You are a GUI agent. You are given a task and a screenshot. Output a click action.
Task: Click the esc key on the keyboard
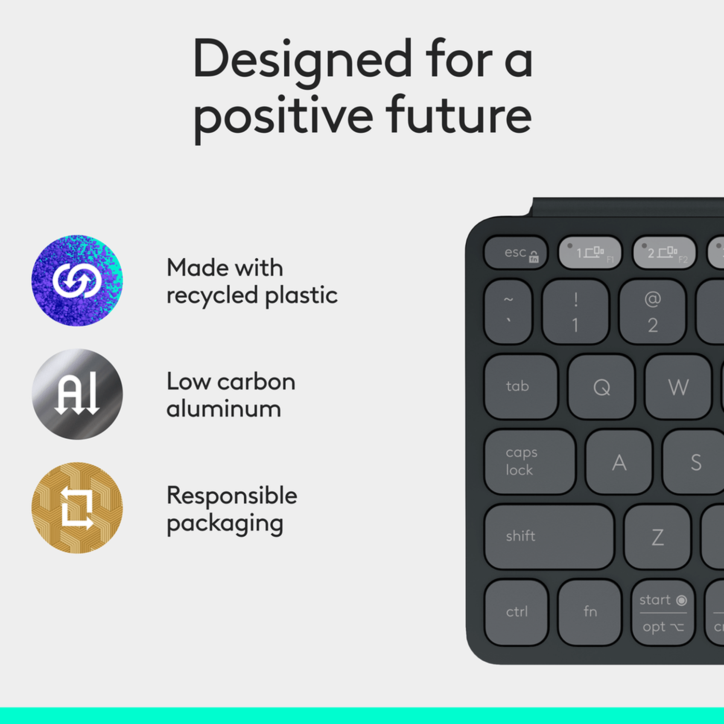[515, 252]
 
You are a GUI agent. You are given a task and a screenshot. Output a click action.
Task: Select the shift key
[549, 536]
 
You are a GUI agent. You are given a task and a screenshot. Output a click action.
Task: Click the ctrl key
[516, 612]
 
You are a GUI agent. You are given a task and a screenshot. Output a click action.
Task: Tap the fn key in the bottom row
[589, 612]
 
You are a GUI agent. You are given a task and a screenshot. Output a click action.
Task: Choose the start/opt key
[663, 613]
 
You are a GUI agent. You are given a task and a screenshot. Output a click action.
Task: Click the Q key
[601, 387]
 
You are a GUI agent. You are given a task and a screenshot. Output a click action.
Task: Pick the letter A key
[619, 462]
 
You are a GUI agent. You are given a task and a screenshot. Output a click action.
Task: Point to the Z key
[657, 537]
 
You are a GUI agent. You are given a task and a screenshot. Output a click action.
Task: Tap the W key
[678, 387]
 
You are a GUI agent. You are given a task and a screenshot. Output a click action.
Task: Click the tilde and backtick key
[508, 312]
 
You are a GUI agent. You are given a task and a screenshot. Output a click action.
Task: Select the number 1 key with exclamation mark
[575, 312]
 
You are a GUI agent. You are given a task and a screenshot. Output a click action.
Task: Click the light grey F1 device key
[590, 252]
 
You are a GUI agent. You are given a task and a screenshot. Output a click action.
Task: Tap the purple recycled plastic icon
[77, 280]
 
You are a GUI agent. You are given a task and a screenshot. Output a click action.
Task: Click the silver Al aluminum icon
[77, 394]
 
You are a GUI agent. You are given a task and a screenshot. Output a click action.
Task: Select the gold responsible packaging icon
[77, 508]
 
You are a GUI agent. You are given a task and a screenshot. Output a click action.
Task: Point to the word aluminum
[223, 409]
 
